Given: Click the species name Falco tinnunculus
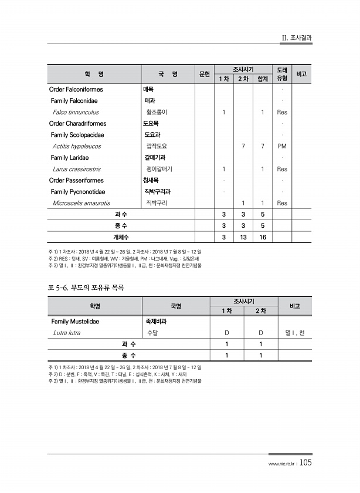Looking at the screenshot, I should pos(75,112).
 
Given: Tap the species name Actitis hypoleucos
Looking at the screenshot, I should pos(76,146).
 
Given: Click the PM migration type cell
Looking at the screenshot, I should pos(282,146).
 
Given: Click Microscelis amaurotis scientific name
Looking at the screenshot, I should pos(81,203).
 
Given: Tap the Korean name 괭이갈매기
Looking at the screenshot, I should pos(159,169).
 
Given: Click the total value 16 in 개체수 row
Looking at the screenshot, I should pos(263,237).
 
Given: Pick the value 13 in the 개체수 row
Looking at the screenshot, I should pos(243,237).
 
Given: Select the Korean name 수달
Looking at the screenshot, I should pos(152,333).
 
